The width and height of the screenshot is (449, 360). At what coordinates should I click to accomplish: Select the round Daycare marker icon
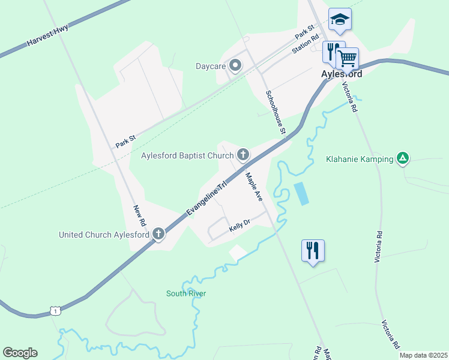click(235, 65)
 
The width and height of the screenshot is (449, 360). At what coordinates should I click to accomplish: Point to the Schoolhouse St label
click(276, 112)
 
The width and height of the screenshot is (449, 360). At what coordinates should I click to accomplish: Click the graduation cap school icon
click(340, 19)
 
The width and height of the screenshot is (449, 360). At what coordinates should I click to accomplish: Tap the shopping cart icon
click(347, 59)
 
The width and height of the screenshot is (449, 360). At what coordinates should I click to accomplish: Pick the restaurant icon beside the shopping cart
click(331, 52)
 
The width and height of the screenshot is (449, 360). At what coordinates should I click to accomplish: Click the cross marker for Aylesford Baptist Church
click(243, 156)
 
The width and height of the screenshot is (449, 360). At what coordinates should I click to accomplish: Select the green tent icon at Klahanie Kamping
click(403, 158)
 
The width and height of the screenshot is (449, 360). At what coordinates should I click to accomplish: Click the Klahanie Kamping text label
click(359, 159)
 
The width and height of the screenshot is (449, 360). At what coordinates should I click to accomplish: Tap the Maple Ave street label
click(254, 187)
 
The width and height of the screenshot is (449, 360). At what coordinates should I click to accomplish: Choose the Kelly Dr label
click(239, 226)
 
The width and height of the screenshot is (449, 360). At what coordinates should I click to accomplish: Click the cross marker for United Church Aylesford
click(158, 234)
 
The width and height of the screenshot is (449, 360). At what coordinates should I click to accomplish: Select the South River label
click(186, 293)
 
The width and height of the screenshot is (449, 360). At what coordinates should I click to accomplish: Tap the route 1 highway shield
click(55, 311)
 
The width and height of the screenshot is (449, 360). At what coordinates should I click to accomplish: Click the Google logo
click(20, 353)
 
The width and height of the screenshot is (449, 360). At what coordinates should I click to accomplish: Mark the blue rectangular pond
click(301, 193)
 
